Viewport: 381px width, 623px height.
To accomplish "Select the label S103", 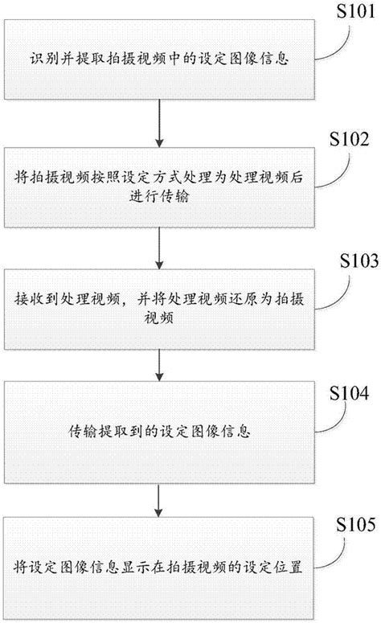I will tap(351, 262).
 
